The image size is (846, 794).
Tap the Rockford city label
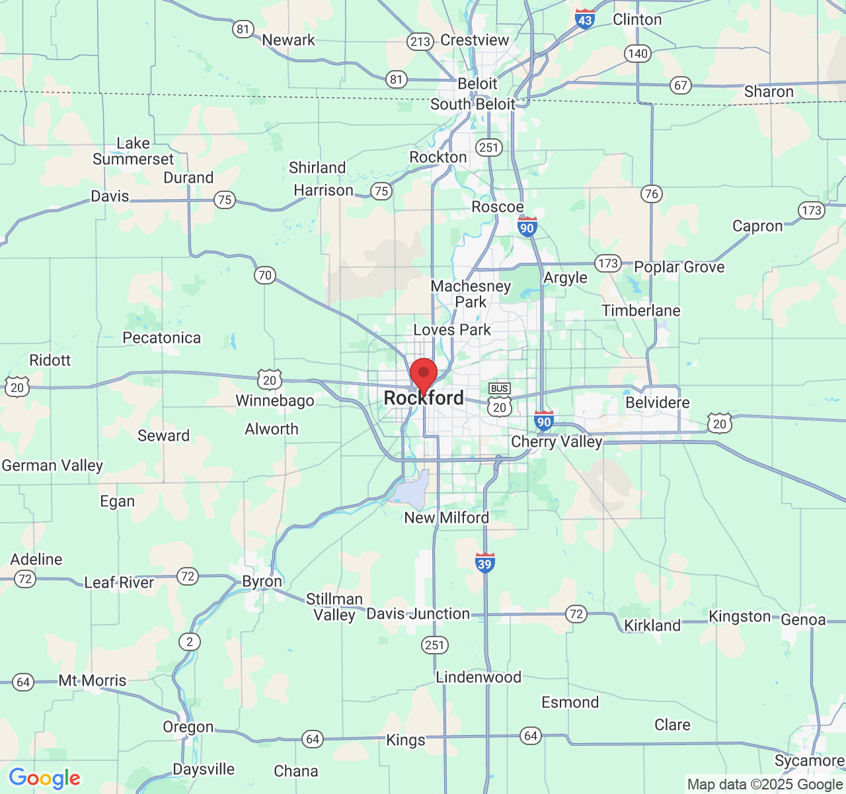(x=424, y=398)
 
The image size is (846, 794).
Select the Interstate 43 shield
(x=584, y=19)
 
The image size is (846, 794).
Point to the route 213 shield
(x=420, y=42)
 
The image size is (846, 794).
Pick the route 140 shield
(x=638, y=54)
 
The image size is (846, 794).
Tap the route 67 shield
(x=681, y=85)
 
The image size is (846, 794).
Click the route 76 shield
(x=652, y=193)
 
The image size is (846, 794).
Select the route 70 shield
(x=265, y=275)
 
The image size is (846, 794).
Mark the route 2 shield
(x=190, y=641)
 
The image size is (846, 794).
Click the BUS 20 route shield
(x=500, y=400)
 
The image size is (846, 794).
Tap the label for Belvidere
(x=658, y=403)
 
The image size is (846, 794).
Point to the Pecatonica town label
(x=161, y=338)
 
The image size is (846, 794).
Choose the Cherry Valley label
(x=557, y=441)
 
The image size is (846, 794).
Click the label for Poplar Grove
(x=679, y=267)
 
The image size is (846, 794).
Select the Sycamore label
(x=809, y=761)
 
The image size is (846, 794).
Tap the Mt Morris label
(x=93, y=681)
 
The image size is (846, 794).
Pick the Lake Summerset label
(x=133, y=152)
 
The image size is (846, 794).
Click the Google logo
(x=44, y=778)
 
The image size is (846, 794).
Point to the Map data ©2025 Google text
(x=765, y=785)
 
